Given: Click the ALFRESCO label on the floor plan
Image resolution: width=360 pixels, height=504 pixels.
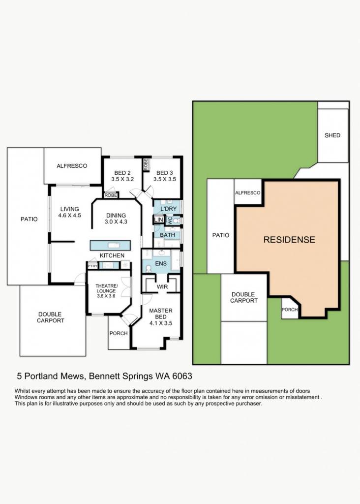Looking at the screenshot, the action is tap(72, 166).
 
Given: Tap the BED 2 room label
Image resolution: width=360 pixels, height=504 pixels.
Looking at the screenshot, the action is tap(122, 173).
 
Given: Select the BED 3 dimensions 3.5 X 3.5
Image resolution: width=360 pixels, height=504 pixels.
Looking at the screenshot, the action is tap(165, 179).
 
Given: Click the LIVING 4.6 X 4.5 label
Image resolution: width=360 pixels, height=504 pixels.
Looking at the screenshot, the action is tap(69, 212).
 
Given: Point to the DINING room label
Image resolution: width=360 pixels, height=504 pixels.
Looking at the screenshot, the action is tap(116, 216).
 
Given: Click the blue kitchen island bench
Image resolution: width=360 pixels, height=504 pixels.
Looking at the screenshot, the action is tap(110, 245).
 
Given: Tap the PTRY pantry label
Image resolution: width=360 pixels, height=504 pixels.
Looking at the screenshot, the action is tap(92, 266).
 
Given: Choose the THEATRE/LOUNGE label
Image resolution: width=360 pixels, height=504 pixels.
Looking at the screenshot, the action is tap(107, 288).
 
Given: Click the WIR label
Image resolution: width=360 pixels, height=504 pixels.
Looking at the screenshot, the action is tap(162, 286).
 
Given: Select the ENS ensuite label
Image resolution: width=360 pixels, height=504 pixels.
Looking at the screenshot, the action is tap(161, 264).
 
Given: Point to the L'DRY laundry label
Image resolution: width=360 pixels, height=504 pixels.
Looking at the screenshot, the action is tap(169, 209).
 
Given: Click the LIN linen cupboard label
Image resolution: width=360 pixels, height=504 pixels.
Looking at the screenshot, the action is tap(159, 220).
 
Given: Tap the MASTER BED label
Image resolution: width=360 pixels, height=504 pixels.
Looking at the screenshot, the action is tap(161, 314).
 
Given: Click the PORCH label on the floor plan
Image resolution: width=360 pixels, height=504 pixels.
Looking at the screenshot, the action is tap(119, 333).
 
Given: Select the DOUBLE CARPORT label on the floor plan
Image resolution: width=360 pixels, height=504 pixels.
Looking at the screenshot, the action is tap(51, 317).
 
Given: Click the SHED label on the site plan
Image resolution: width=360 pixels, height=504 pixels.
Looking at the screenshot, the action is tap(332, 135).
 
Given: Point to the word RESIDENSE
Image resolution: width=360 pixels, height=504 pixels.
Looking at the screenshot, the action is tap(289, 240).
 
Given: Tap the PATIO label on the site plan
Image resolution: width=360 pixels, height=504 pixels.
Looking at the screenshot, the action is tap(221, 235).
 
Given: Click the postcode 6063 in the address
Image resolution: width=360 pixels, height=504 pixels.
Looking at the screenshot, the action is tap(182, 376).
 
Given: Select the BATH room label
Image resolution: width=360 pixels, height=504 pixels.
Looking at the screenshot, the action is tap(167, 235).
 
